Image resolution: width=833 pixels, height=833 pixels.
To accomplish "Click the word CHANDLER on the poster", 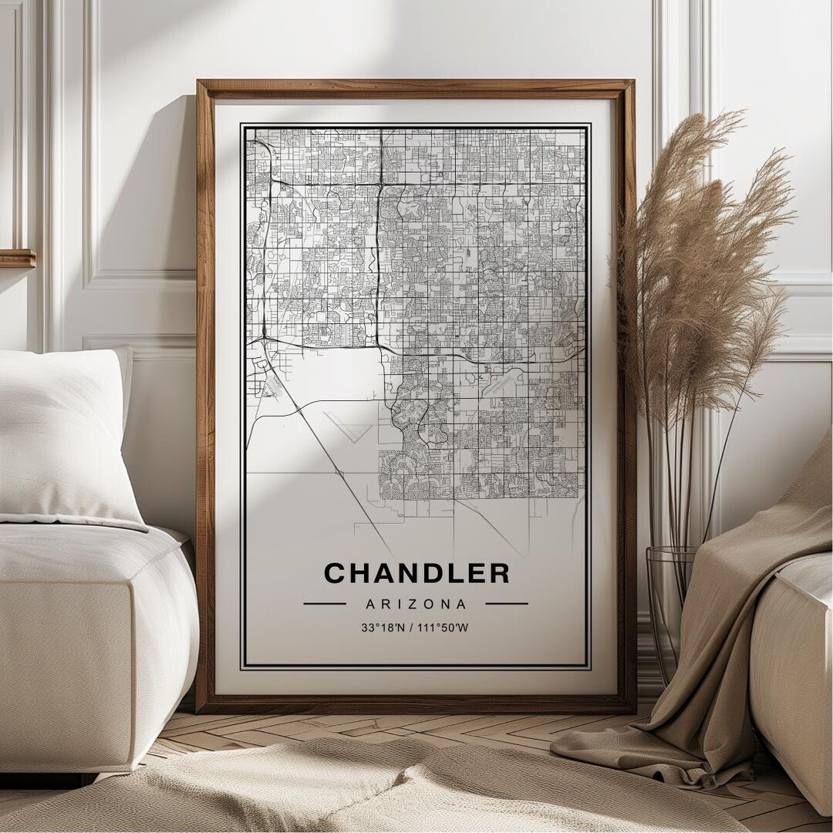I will (416, 573).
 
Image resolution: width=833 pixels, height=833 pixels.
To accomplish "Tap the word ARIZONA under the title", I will (416, 604).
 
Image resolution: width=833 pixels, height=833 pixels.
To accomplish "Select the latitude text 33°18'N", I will (385, 628).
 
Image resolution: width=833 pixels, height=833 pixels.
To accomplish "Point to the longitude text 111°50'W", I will (443, 628).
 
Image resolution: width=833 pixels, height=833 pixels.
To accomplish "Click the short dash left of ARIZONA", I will (325, 603).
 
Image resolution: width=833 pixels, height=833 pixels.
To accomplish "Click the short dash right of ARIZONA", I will (507, 603).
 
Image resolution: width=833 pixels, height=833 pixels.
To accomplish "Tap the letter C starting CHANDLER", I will (334, 573).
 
